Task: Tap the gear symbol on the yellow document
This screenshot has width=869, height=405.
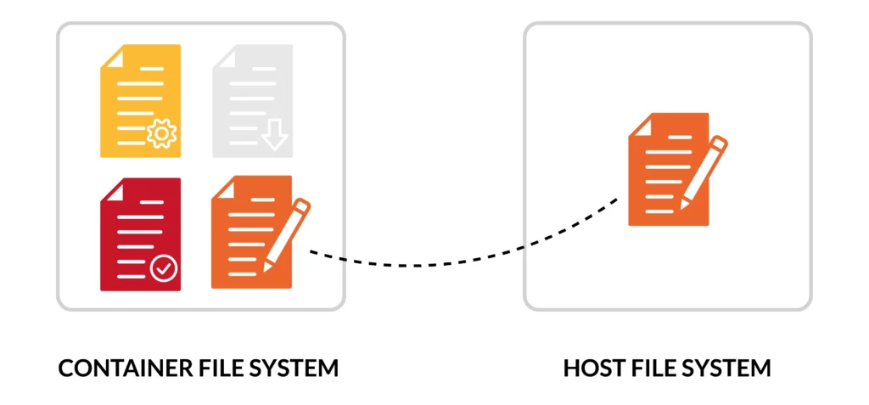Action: coord(160,135)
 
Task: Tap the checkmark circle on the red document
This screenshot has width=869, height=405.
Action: coord(163,269)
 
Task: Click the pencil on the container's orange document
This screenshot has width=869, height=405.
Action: coord(287,234)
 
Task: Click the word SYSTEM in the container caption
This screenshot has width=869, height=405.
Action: coord(291,368)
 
